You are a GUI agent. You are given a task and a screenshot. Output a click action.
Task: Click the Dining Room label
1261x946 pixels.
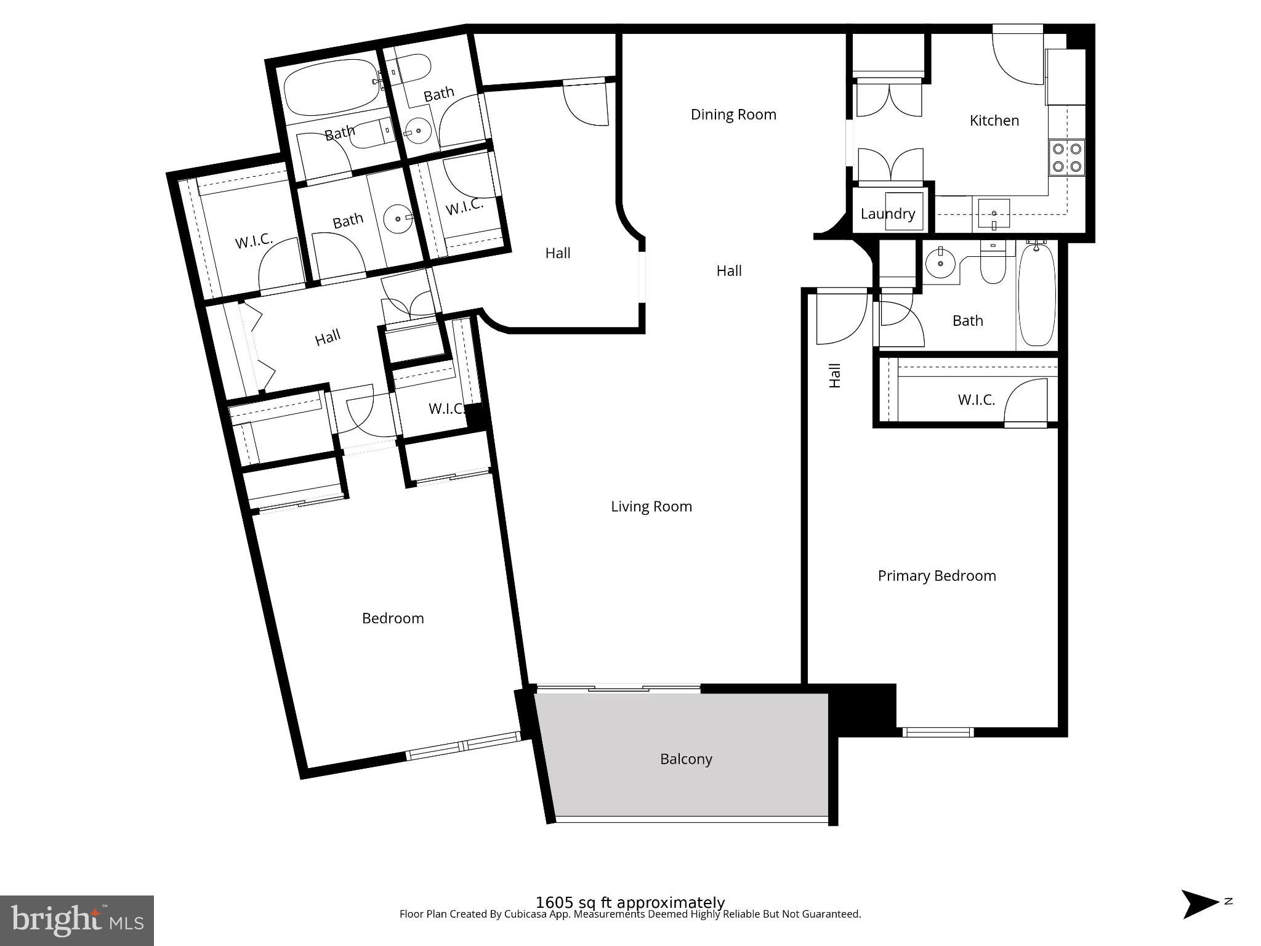click(x=733, y=115)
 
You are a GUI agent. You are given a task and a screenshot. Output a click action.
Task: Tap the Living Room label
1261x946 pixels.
click(x=651, y=506)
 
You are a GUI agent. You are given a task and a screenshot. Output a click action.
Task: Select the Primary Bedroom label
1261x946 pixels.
click(x=937, y=576)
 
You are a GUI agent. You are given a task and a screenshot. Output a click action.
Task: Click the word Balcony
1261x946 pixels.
click(x=686, y=759)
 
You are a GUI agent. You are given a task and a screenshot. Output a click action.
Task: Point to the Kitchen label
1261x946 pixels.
click(x=994, y=121)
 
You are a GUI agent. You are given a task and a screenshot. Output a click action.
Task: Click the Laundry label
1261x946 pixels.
click(x=887, y=214)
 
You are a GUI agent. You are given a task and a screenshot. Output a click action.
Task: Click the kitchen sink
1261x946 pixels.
click(x=993, y=214)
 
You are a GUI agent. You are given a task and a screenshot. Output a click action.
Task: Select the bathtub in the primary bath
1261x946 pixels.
click(x=1037, y=295)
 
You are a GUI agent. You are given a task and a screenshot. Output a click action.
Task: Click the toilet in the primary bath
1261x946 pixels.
click(x=992, y=265)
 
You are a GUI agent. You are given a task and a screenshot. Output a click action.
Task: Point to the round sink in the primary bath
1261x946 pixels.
click(x=940, y=264)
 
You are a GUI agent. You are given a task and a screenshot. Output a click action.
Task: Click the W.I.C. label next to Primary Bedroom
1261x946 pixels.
click(x=976, y=400)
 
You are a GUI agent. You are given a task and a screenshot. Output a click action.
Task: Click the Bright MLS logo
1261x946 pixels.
click(x=77, y=920)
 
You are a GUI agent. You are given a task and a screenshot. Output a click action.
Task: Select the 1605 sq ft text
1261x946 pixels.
click(x=630, y=902)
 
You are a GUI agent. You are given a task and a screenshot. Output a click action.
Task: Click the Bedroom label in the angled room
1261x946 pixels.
click(x=393, y=618)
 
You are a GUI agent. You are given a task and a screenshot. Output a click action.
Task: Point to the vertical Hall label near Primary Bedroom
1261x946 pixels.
click(x=835, y=375)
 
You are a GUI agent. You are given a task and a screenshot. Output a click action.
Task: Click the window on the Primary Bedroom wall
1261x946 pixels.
click(x=938, y=732)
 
